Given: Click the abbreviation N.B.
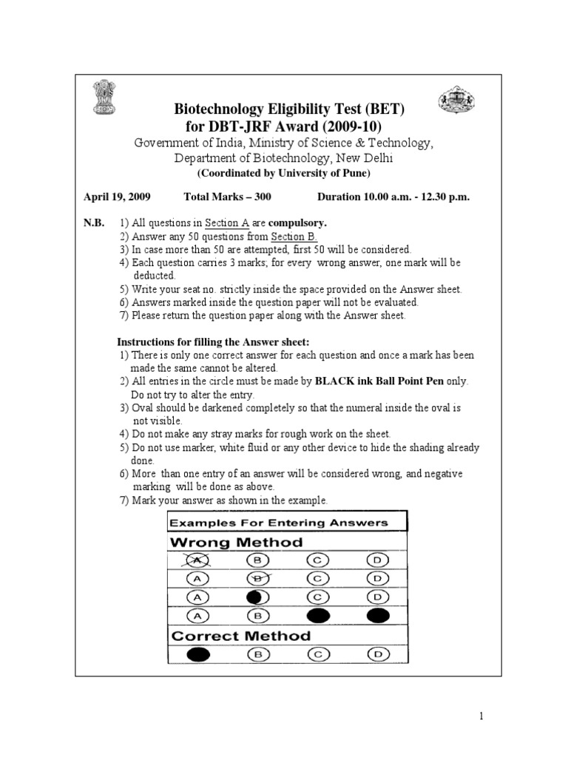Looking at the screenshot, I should pyautogui.click(x=94, y=223).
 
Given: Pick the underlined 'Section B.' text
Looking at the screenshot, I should pyautogui.click(x=294, y=237).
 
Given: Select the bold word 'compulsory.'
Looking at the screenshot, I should pyautogui.click(x=297, y=223).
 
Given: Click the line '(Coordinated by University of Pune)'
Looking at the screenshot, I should pyautogui.click(x=283, y=174).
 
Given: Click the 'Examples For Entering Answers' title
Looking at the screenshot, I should pyautogui.click(x=279, y=523).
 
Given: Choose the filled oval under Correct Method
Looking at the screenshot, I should pyautogui.click(x=198, y=654).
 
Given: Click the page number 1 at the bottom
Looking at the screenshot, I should pyautogui.click(x=480, y=715).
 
